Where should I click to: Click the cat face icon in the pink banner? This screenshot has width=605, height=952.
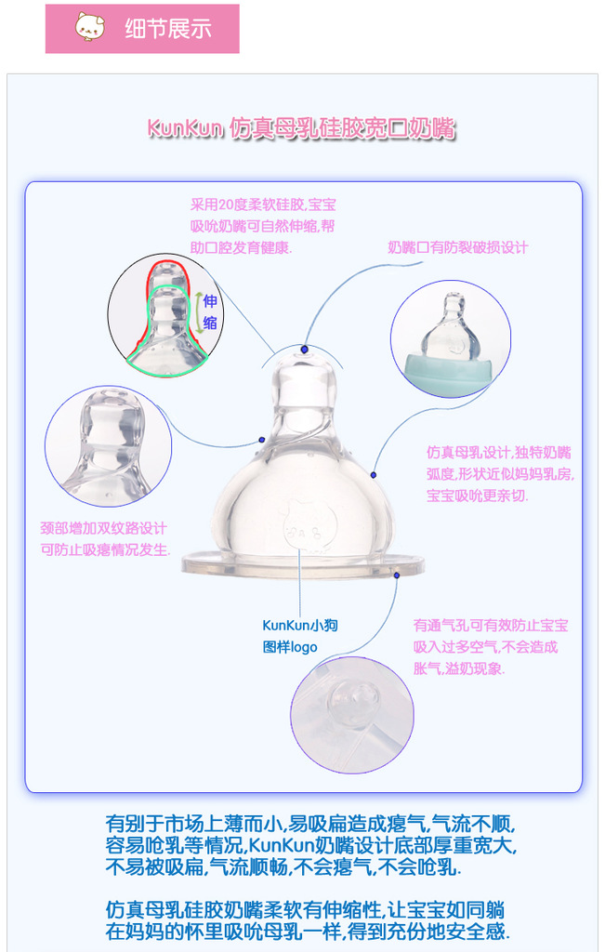(90, 27)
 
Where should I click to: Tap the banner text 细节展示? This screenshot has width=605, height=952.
(168, 28)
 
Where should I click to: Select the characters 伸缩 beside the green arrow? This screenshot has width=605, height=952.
(210, 311)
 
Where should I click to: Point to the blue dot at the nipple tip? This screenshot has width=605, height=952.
(304, 349)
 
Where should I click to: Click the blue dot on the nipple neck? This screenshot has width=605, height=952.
(262, 438)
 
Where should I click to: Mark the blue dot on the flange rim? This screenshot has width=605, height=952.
(397, 575)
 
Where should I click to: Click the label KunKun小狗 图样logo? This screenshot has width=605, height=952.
(299, 636)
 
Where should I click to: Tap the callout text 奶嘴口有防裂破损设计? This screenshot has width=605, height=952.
(457, 247)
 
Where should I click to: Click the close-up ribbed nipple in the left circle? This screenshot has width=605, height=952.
(110, 446)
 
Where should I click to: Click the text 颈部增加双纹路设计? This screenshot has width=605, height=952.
(103, 527)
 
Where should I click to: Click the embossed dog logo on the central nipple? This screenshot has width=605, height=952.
(299, 521)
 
